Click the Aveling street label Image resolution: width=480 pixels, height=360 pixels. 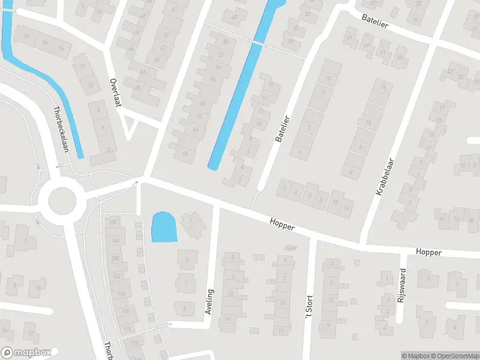click(209, 302)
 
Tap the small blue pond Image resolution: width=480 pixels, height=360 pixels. click(164, 227)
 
